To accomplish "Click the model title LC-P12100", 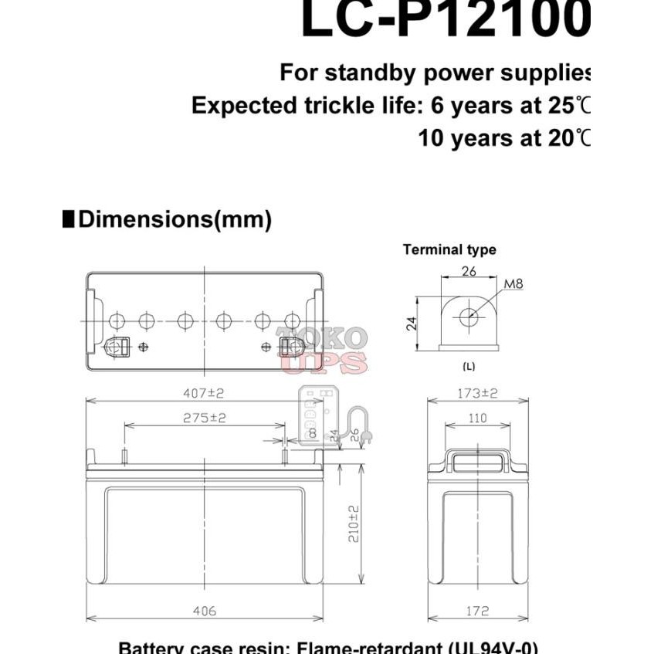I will tap(445, 21).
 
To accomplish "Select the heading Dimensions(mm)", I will tap(175, 219).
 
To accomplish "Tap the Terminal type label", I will tap(449, 249).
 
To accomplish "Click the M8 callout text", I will tap(513, 283).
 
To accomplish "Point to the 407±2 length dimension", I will tap(204, 393).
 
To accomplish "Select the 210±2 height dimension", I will tap(354, 523).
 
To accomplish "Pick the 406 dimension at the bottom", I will tap(204, 611).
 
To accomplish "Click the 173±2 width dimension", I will tap(478, 393).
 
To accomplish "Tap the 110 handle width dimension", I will tap(478, 418).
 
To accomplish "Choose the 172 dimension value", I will tap(478, 611).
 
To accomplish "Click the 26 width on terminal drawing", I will tap(468, 270).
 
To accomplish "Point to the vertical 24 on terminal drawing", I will tap(412, 322).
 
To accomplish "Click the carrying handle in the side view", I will tap(478, 462).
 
